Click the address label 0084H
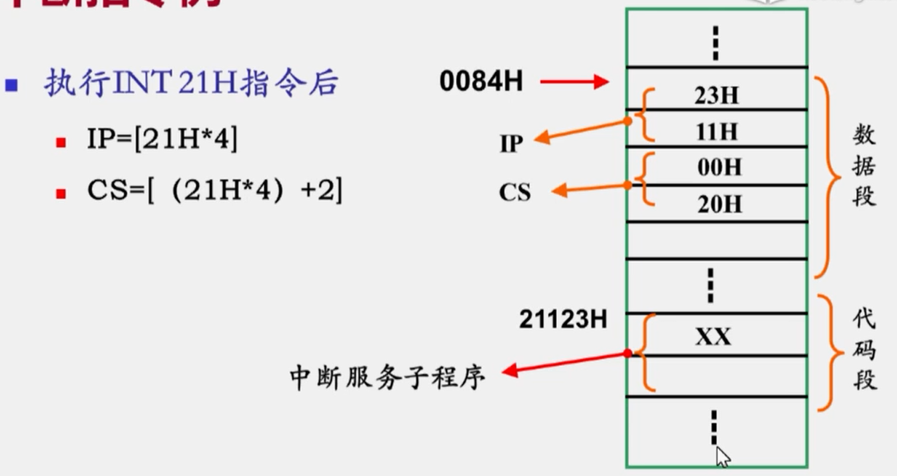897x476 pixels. point(481,81)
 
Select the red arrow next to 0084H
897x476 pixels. point(574,82)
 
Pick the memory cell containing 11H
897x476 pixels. point(716,132)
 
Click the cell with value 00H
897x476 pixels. point(719,167)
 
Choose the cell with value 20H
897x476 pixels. point(719,204)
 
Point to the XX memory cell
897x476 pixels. point(713,336)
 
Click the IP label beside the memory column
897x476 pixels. point(511,143)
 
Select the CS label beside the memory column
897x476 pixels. point(515,192)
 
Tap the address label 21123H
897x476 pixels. point(563,320)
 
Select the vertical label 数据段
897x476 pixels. point(864,167)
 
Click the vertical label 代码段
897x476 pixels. point(864,350)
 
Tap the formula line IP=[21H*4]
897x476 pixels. point(162,141)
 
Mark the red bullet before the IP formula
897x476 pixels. point(61,142)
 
